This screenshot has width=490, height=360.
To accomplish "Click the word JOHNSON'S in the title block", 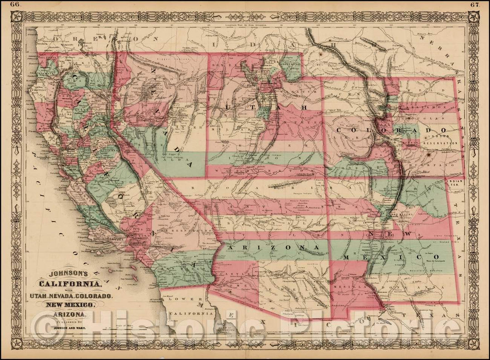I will [67, 274].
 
